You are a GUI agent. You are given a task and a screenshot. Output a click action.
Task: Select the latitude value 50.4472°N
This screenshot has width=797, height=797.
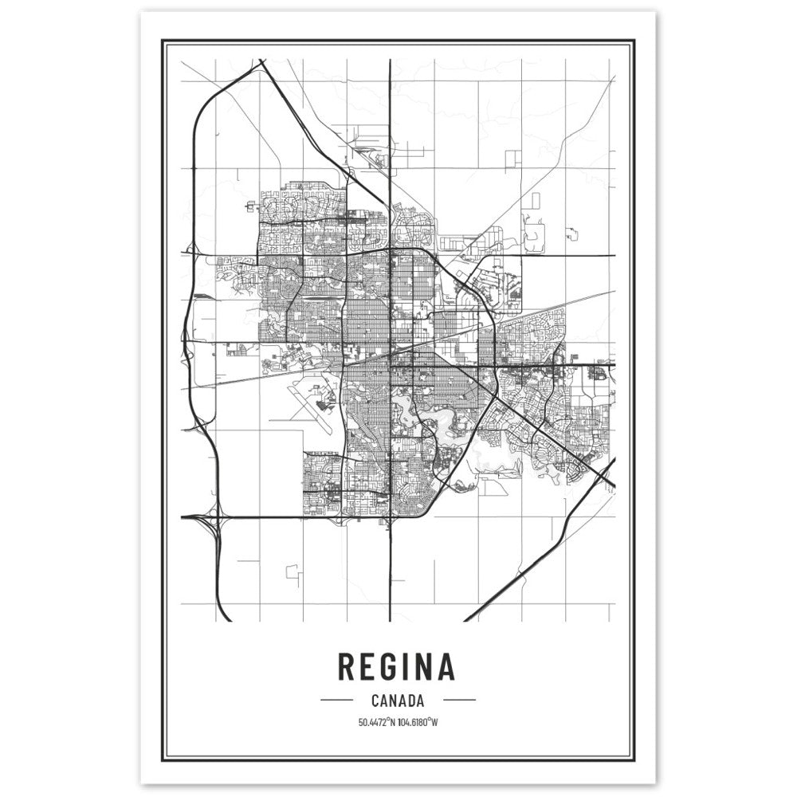pos(376,723)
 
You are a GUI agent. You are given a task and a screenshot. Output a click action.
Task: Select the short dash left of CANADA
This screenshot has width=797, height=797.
pos(336,701)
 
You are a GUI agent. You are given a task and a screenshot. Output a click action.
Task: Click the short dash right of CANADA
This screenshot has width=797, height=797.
pos(458,701)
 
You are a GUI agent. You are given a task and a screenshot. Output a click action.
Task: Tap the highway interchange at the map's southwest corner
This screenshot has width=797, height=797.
pos(211,522)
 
